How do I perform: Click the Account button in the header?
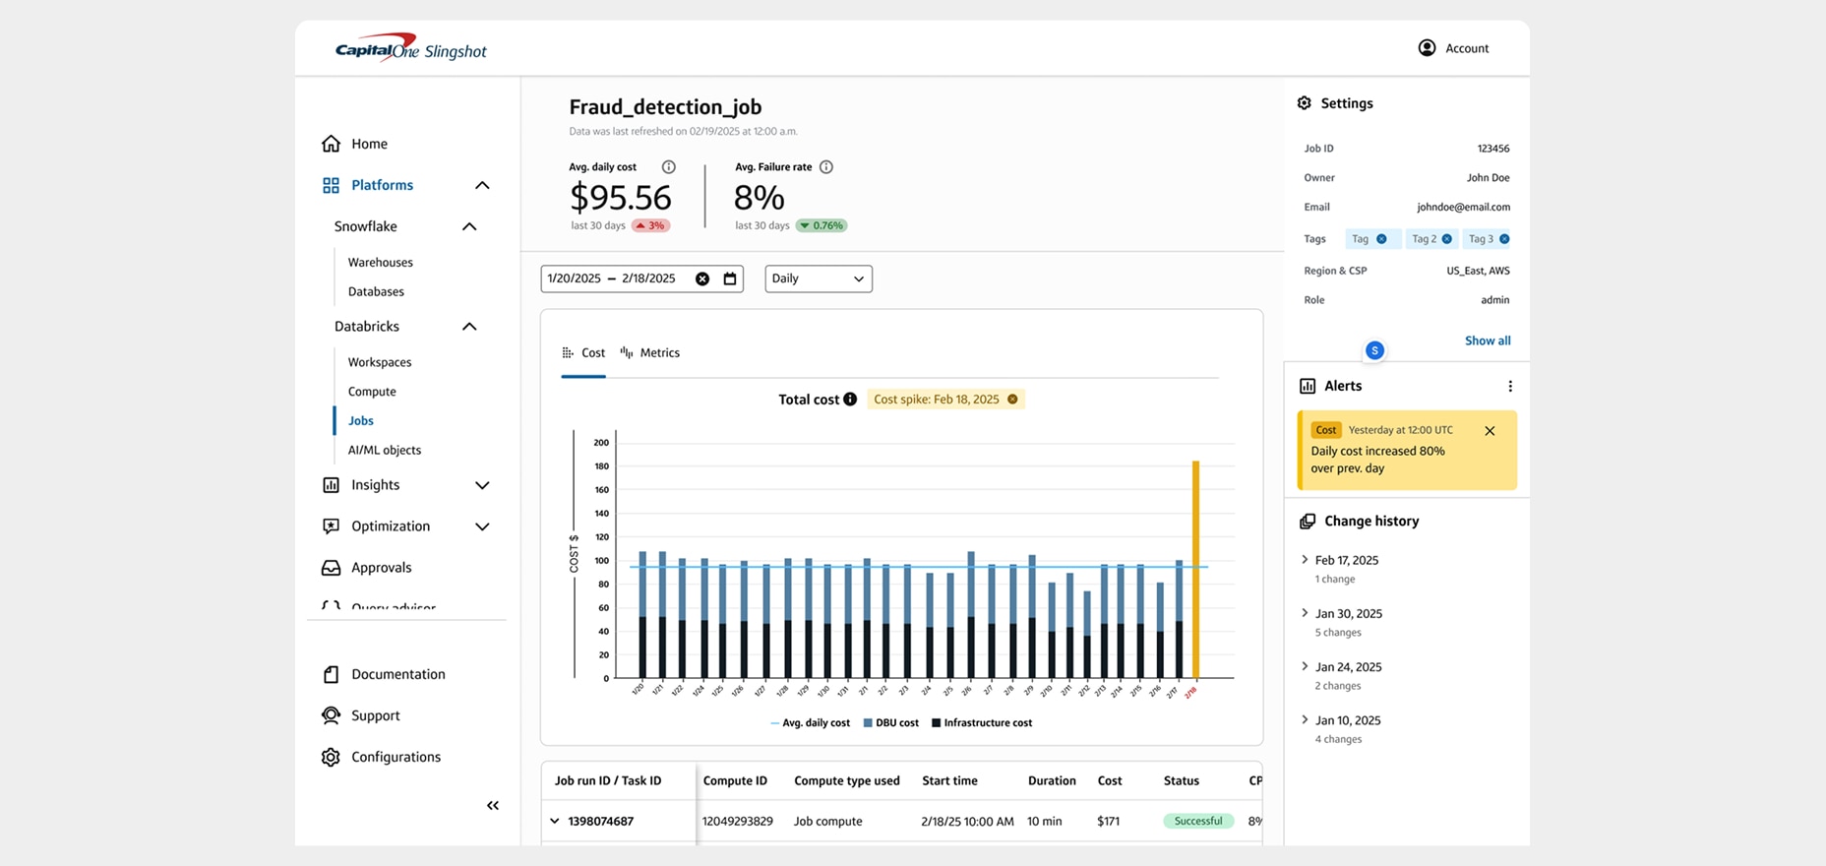[1453, 48]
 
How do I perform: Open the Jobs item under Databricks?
[361, 420]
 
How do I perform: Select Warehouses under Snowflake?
[380, 263]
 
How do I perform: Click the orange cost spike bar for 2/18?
[1195, 571]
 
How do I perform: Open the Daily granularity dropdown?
[818, 278]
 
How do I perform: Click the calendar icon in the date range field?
[730, 278]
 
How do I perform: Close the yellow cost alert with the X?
[1490, 431]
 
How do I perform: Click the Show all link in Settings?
[1487, 340]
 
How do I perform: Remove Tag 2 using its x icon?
[1446, 239]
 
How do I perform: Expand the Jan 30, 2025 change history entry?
[1306, 613]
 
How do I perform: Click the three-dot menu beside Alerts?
[1510, 387]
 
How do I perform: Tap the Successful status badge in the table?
[1197, 821]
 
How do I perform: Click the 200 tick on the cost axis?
[601, 443]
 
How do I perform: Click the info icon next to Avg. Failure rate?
[826, 167]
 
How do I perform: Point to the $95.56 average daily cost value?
[621, 198]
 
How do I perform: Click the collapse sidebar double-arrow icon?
[493, 805]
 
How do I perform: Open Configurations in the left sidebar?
[396, 757]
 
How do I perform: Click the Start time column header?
[949, 780]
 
